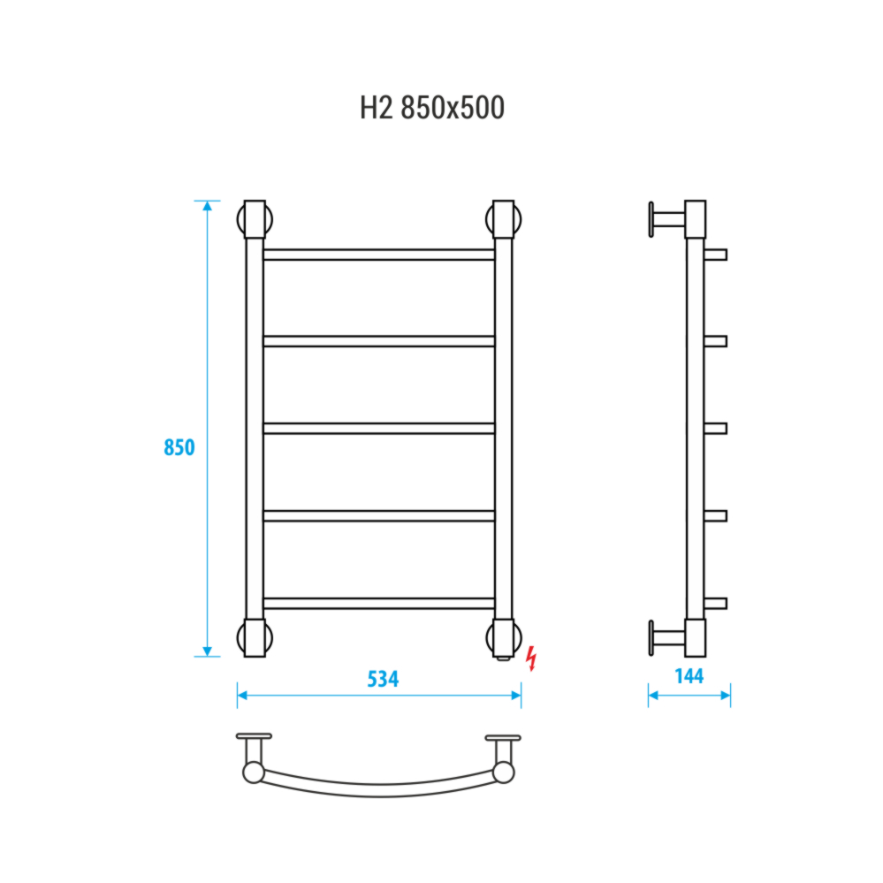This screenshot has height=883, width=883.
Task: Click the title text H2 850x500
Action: (432, 108)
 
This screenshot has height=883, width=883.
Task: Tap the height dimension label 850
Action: (179, 447)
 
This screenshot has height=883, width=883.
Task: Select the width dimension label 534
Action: (383, 679)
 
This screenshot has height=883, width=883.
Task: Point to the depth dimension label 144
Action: (689, 676)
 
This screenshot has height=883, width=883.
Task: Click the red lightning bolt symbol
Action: (530, 658)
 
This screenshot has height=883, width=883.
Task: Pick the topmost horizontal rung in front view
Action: (379, 255)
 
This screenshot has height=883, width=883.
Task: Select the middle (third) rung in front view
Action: (379, 429)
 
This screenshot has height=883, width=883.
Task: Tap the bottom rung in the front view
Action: (379, 603)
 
